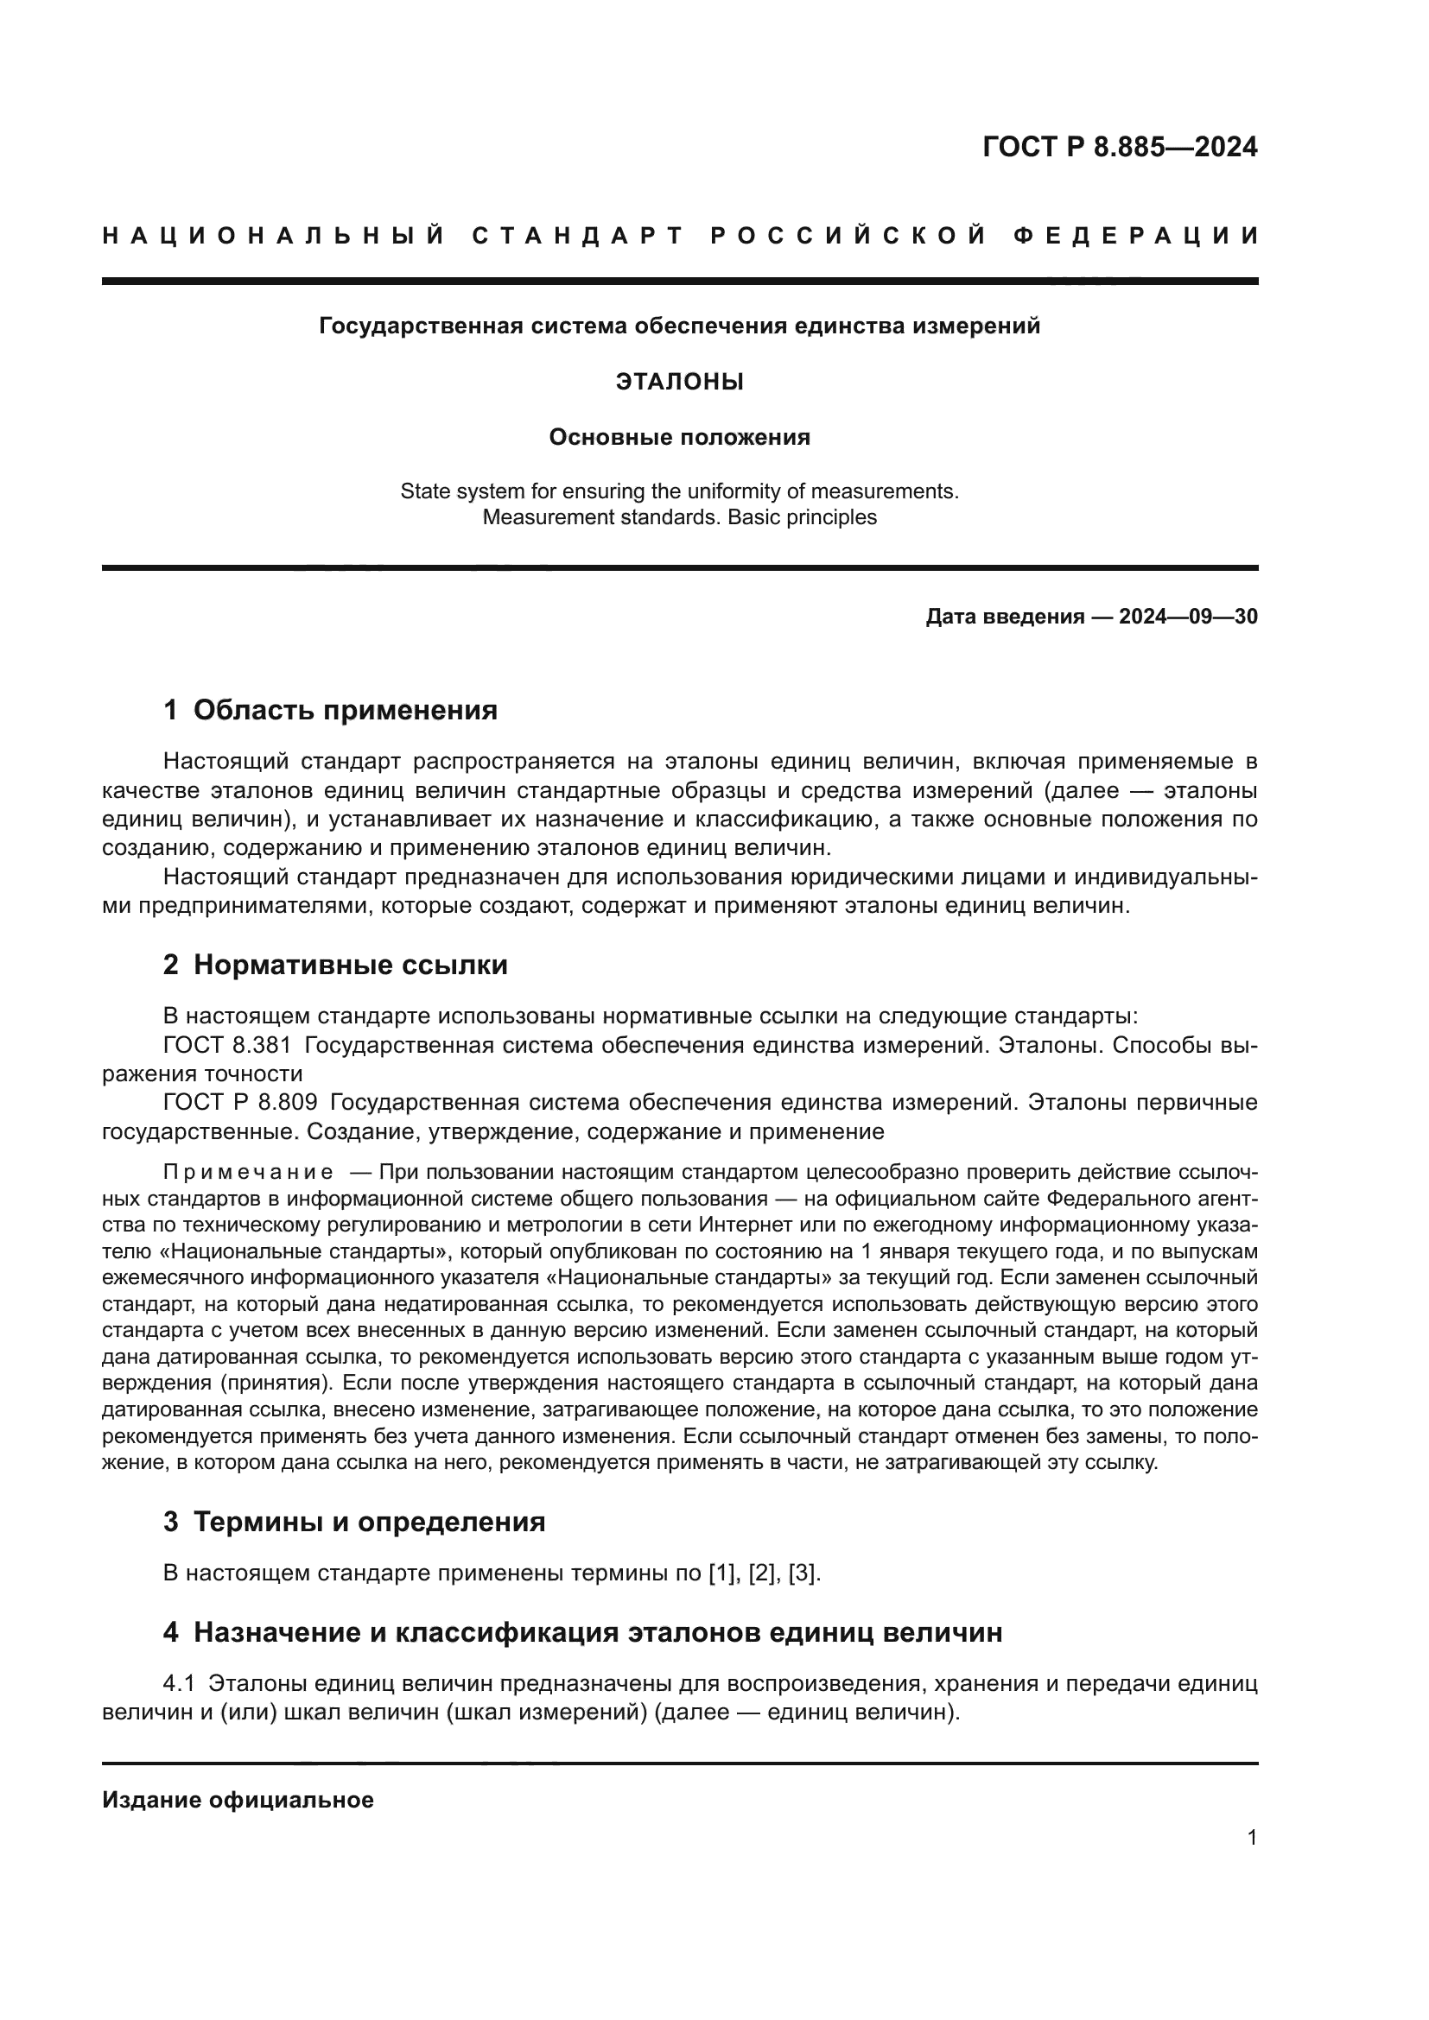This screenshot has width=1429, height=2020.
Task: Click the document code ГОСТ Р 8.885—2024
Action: pos(1119,147)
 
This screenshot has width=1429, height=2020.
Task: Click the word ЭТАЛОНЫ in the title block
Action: pos(679,382)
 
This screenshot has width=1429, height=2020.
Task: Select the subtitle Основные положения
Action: pos(679,437)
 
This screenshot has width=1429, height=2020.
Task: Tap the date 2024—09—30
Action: pos(1188,617)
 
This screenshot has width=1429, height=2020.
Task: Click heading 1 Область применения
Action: pos(331,710)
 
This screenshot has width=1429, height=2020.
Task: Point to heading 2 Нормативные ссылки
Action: pos(335,966)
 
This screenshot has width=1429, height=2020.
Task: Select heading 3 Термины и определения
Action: pos(353,1522)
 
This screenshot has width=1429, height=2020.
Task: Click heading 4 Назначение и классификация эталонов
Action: pos(582,1633)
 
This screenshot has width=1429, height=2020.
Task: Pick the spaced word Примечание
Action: pos(248,1173)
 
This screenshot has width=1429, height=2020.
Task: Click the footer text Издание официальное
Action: pos(238,1800)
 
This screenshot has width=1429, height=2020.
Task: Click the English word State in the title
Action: pos(424,491)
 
